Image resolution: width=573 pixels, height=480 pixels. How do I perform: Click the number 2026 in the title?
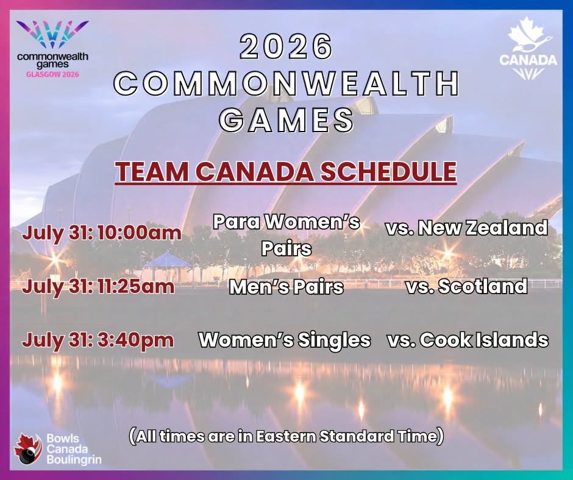point(286,46)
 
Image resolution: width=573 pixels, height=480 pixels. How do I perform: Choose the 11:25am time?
point(135,286)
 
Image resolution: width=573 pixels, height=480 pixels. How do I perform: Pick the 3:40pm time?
point(135,340)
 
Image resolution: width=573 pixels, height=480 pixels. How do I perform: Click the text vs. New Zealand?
point(467,228)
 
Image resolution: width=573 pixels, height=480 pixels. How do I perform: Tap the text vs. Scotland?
point(467,286)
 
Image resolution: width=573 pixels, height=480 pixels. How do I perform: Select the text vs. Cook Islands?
point(468,340)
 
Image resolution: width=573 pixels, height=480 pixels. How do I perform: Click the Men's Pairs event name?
point(286,287)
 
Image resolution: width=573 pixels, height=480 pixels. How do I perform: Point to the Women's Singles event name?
point(285,340)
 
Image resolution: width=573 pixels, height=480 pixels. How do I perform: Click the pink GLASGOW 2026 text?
point(52,74)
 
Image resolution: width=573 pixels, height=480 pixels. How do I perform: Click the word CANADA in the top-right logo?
point(528,60)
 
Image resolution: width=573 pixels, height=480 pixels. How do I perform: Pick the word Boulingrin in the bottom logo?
point(74,459)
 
